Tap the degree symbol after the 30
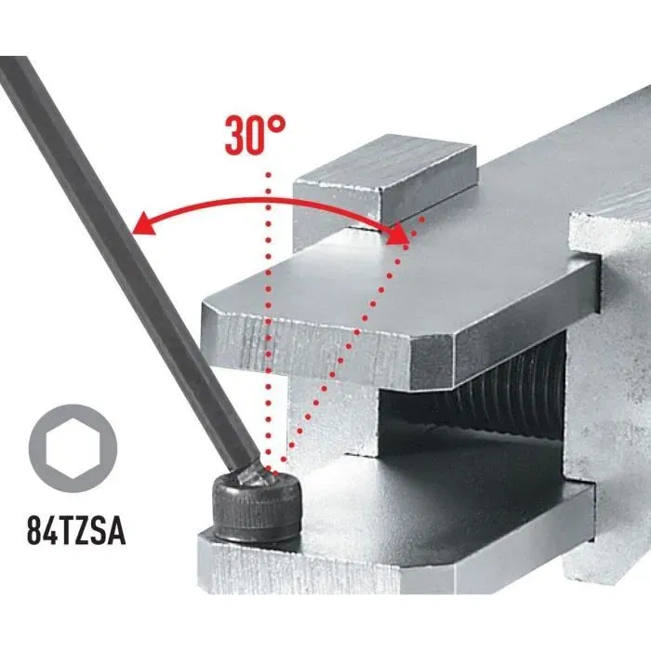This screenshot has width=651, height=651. (276, 126)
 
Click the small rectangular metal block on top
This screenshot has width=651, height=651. (386, 181)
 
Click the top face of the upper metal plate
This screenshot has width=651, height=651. (391, 279)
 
